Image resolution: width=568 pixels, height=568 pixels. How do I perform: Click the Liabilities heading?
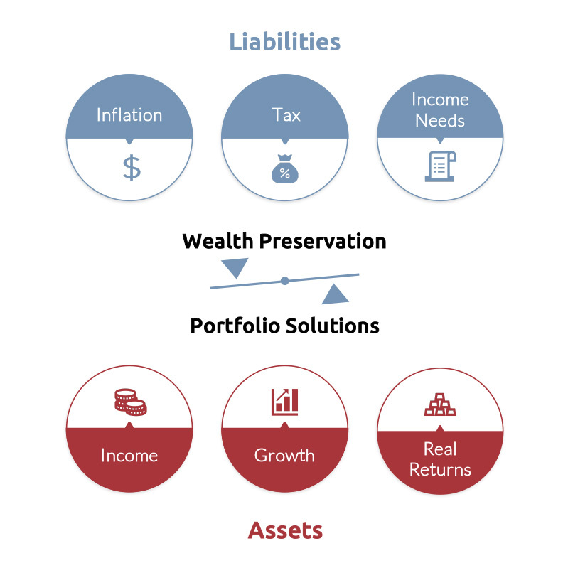(285, 42)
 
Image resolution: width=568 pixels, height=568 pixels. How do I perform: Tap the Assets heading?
(285, 531)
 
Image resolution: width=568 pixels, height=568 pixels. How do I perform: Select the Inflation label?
(129, 115)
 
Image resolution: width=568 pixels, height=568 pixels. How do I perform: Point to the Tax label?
(286, 115)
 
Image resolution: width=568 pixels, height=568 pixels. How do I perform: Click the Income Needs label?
(440, 109)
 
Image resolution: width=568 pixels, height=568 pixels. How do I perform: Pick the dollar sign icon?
(132, 167)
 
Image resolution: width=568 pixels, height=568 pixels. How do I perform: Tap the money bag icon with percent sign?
(285, 168)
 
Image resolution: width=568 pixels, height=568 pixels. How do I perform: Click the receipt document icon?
(440, 166)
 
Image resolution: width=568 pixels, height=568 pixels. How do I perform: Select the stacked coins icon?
(130, 402)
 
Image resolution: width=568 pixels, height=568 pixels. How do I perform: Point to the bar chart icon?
(285, 402)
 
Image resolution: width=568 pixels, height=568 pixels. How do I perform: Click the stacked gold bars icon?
(440, 404)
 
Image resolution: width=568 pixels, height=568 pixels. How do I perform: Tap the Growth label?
(284, 456)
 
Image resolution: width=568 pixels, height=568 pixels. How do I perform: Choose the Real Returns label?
(440, 459)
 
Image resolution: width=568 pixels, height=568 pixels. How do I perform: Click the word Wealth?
(218, 241)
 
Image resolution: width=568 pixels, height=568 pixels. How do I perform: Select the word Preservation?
(323, 241)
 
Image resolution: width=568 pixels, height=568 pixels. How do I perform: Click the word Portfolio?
(235, 326)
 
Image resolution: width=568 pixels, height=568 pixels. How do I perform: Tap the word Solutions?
(333, 326)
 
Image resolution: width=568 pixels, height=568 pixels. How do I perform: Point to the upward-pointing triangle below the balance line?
(335, 294)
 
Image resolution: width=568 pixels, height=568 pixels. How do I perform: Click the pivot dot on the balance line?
(285, 281)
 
